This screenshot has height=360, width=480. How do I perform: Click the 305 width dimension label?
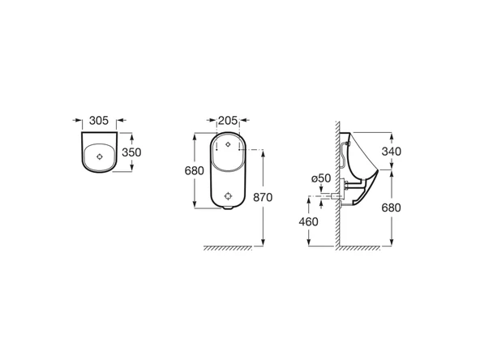tap(99, 121)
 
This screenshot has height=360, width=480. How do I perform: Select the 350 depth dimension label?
tap(131, 152)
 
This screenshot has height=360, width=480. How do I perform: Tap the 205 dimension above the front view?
tap(228, 121)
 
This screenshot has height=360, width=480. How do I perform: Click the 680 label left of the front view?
tap(195, 170)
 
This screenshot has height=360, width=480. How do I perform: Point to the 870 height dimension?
tap(263, 198)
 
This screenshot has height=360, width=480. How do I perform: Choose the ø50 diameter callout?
tap(321, 178)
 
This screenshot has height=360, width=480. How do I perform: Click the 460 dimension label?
tap(309, 221)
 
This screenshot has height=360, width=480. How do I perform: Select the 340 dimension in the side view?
tap(392, 152)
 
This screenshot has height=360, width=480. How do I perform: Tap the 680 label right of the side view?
tap(392, 208)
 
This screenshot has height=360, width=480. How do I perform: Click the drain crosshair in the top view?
tap(100, 156)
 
